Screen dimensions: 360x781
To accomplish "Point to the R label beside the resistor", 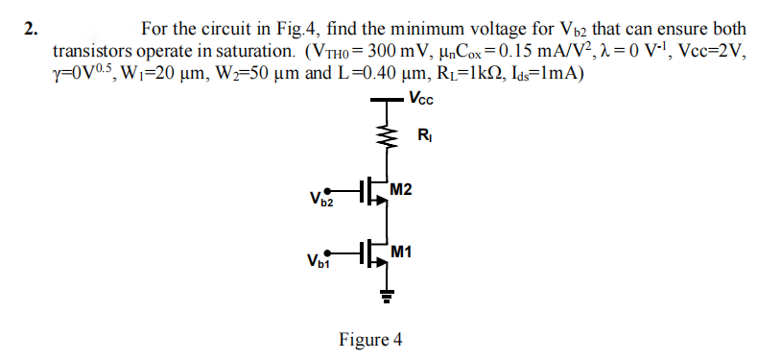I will [x=423, y=135].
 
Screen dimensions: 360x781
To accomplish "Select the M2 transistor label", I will [x=402, y=189].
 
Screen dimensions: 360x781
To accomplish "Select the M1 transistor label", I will [x=402, y=252].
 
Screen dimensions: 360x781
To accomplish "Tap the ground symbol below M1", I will [x=390, y=295].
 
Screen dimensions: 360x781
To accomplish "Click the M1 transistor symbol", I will [x=377, y=252].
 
